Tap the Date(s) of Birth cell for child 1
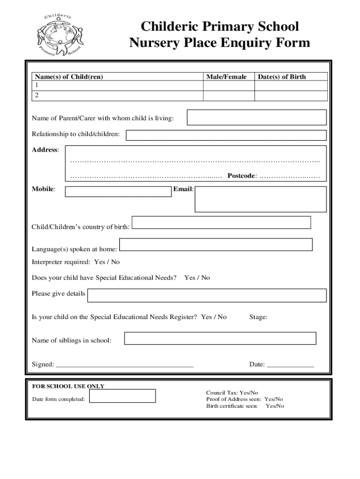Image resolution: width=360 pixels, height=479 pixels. pyautogui.click(x=291, y=86)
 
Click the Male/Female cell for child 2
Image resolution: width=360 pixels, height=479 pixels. pyautogui.click(x=229, y=95)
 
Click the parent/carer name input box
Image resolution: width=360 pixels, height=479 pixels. pyautogui.click(x=256, y=117)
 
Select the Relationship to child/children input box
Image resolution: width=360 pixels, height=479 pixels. pyautogui.click(x=226, y=135)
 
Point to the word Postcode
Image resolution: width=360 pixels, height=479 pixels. pyautogui.click(x=242, y=176)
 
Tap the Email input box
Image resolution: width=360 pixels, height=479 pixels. pyautogui.click(x=260, y=199)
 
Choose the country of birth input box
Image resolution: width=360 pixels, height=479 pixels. pyautogui.click(x=222, y=222)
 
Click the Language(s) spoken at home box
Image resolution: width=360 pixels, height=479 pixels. pyautogui.click(x=216, y=245)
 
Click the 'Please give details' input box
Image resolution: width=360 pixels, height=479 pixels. pyautogui.click(x=207, y=295)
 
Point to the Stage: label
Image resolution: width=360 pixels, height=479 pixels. pyautogui.click(x=258, y=317)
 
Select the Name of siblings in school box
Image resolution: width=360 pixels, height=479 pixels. pyautogui.click(x=220, y=338)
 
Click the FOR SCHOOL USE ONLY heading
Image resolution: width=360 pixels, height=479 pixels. pyautogui.click(x=68, y=386)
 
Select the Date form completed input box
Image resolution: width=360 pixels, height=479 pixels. pyautogui.click(x=122, y=396)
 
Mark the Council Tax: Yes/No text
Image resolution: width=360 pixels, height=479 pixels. pyautogui.click(x=232, y=393)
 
